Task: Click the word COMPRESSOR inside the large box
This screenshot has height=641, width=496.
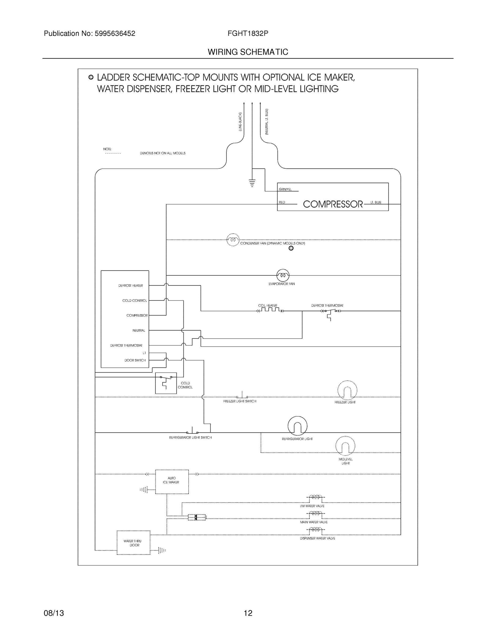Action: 333,204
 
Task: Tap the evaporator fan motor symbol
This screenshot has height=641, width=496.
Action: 283,275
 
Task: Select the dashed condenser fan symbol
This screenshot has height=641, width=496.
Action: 233,240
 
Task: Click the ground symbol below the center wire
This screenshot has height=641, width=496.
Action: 252,183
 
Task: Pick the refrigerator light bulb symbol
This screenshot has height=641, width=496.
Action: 297,426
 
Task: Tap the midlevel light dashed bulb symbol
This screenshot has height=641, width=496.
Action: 345,446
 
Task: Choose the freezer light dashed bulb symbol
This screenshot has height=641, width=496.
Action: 347,390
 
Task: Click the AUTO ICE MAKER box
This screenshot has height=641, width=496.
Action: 172,482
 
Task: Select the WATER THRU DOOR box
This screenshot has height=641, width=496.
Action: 133,543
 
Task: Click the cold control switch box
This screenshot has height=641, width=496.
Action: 166,383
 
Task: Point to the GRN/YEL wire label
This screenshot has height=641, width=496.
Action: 285,189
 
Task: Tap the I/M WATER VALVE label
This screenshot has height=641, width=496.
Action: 312,506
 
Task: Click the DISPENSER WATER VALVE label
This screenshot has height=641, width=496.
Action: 317,538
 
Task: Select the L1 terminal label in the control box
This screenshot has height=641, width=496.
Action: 144,353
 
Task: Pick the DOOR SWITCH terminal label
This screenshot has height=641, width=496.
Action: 135,360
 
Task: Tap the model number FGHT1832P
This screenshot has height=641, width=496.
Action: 247,33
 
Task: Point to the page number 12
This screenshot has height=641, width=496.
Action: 248,613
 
